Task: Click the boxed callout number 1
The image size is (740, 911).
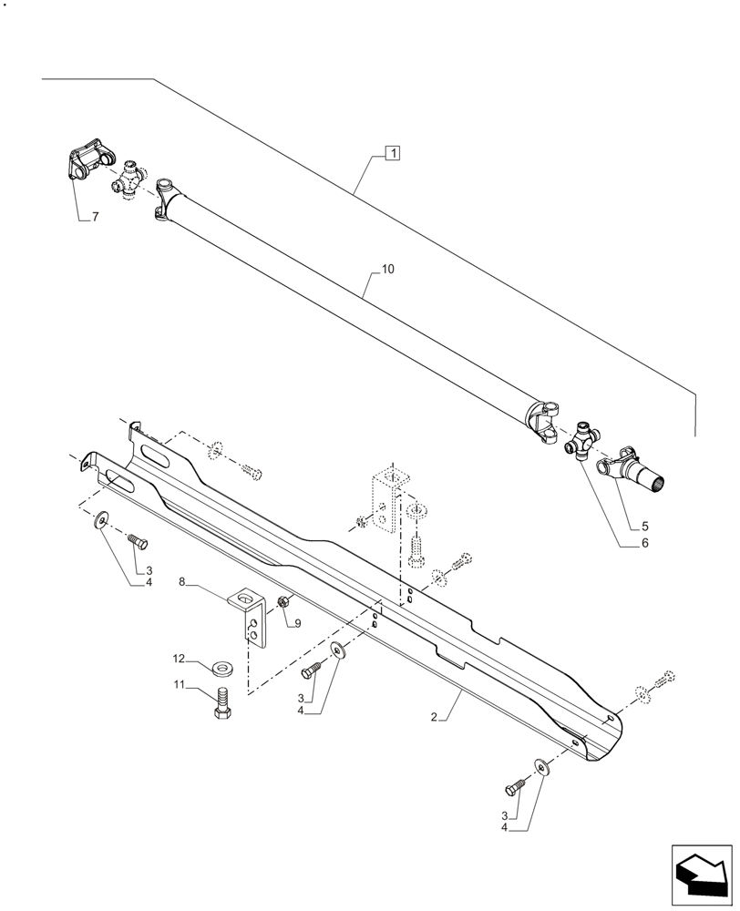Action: tap(392, 153)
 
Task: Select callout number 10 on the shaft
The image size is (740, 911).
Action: tap(387, 269)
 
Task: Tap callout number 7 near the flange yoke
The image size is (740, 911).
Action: tap(94, 218)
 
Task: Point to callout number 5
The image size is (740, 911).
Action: tap(644, 527)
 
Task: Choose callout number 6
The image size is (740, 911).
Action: tap(644, 544)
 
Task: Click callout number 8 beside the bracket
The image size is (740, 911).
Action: tap(182, 580)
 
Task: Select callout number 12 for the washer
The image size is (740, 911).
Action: tap(180, 657)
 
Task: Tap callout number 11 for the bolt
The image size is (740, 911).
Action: tap(180, 684)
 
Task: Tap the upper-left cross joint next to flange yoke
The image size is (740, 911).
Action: tap(133, 177)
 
